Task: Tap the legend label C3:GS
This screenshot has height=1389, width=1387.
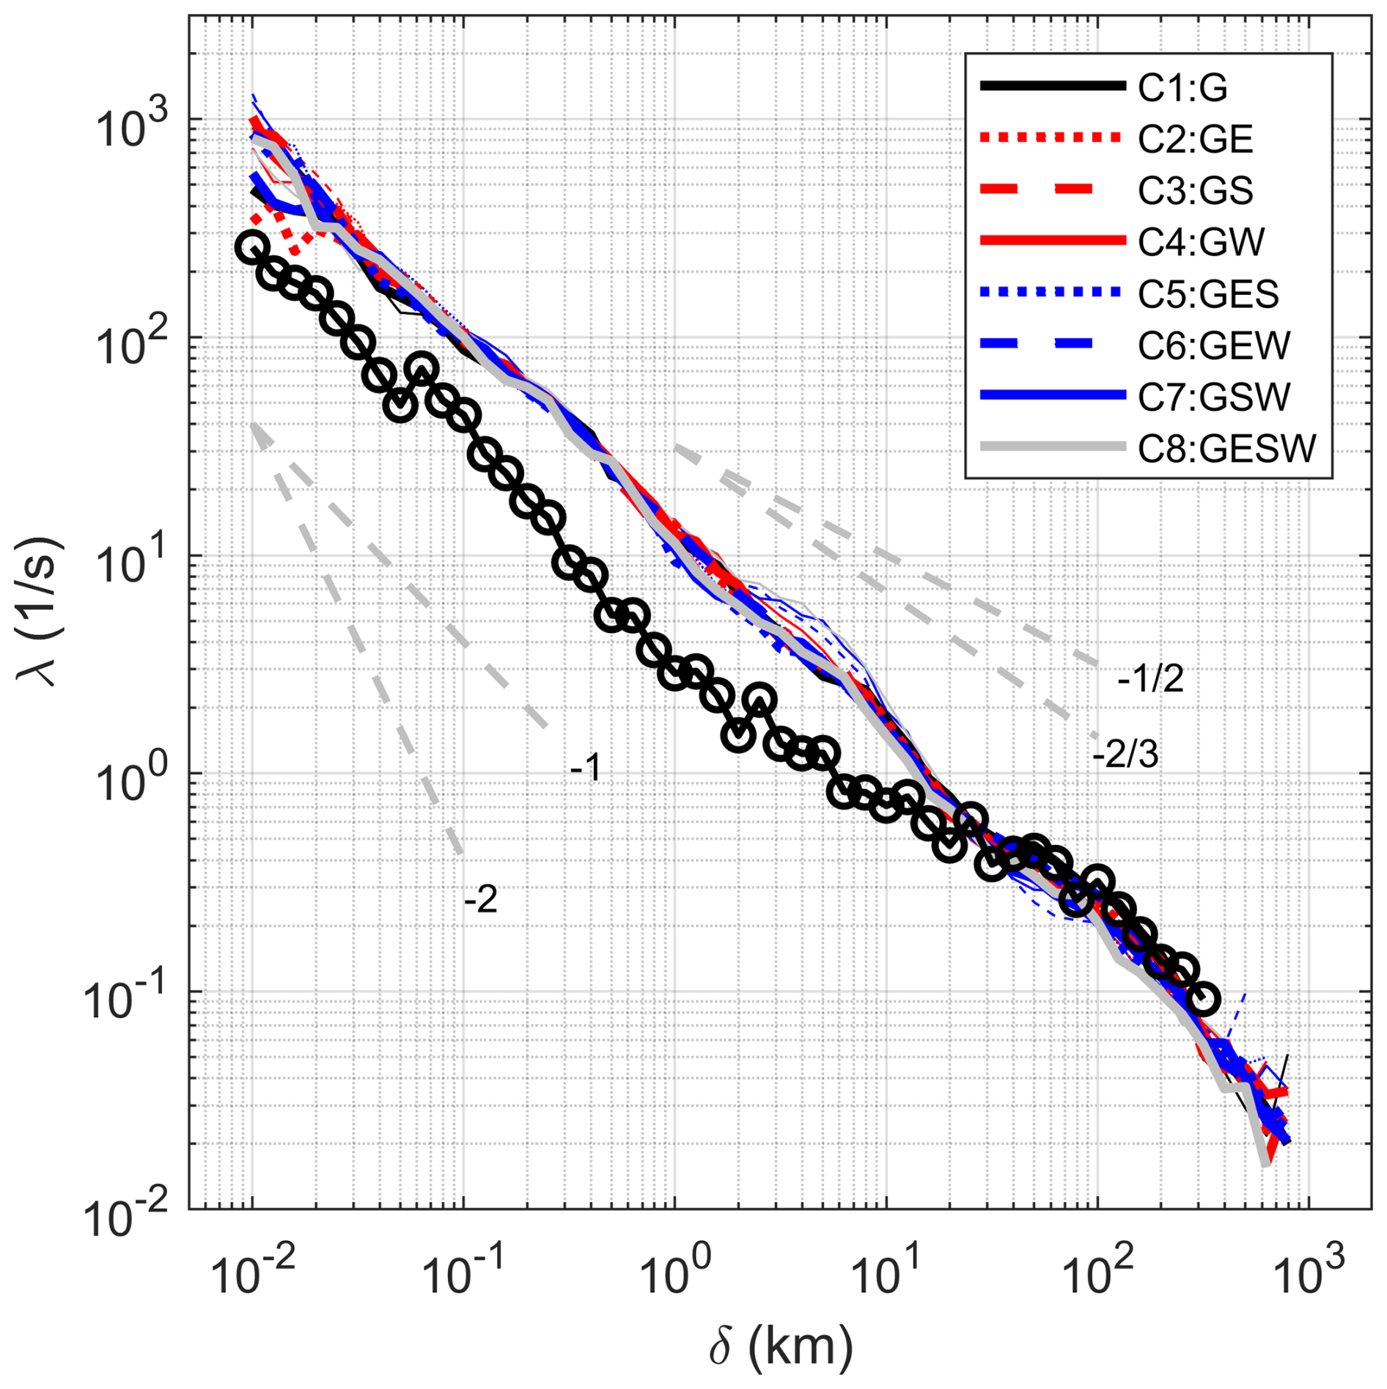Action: (1195, 190)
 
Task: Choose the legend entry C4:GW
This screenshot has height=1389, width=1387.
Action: (1201, 241)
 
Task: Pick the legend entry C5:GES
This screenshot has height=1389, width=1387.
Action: (1208, 293)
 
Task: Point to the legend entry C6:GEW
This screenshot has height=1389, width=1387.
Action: (1213, 345)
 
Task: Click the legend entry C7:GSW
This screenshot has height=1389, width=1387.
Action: (1213, 396)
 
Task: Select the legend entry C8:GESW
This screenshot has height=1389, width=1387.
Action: (1226, 448)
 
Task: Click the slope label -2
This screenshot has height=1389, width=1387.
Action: (481, 899)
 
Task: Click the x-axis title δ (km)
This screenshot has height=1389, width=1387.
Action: (780, 1346)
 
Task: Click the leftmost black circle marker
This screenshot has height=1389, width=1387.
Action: (251, 247)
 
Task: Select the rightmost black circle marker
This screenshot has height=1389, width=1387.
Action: (1202, 998)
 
